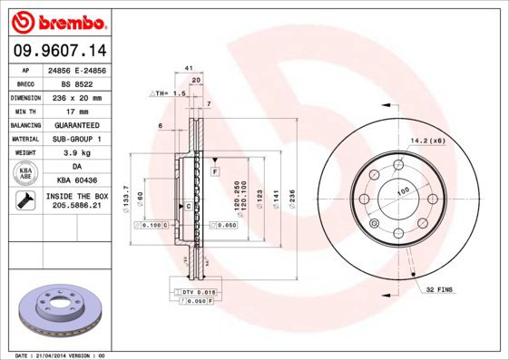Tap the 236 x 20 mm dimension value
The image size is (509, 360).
click(76, 97)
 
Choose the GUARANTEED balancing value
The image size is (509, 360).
click(76, 125)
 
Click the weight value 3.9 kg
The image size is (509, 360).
click(76, 153)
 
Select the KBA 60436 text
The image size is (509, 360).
click(76, 181)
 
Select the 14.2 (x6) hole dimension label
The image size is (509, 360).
click(427, 141)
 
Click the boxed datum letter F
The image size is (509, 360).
click(216, 170)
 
